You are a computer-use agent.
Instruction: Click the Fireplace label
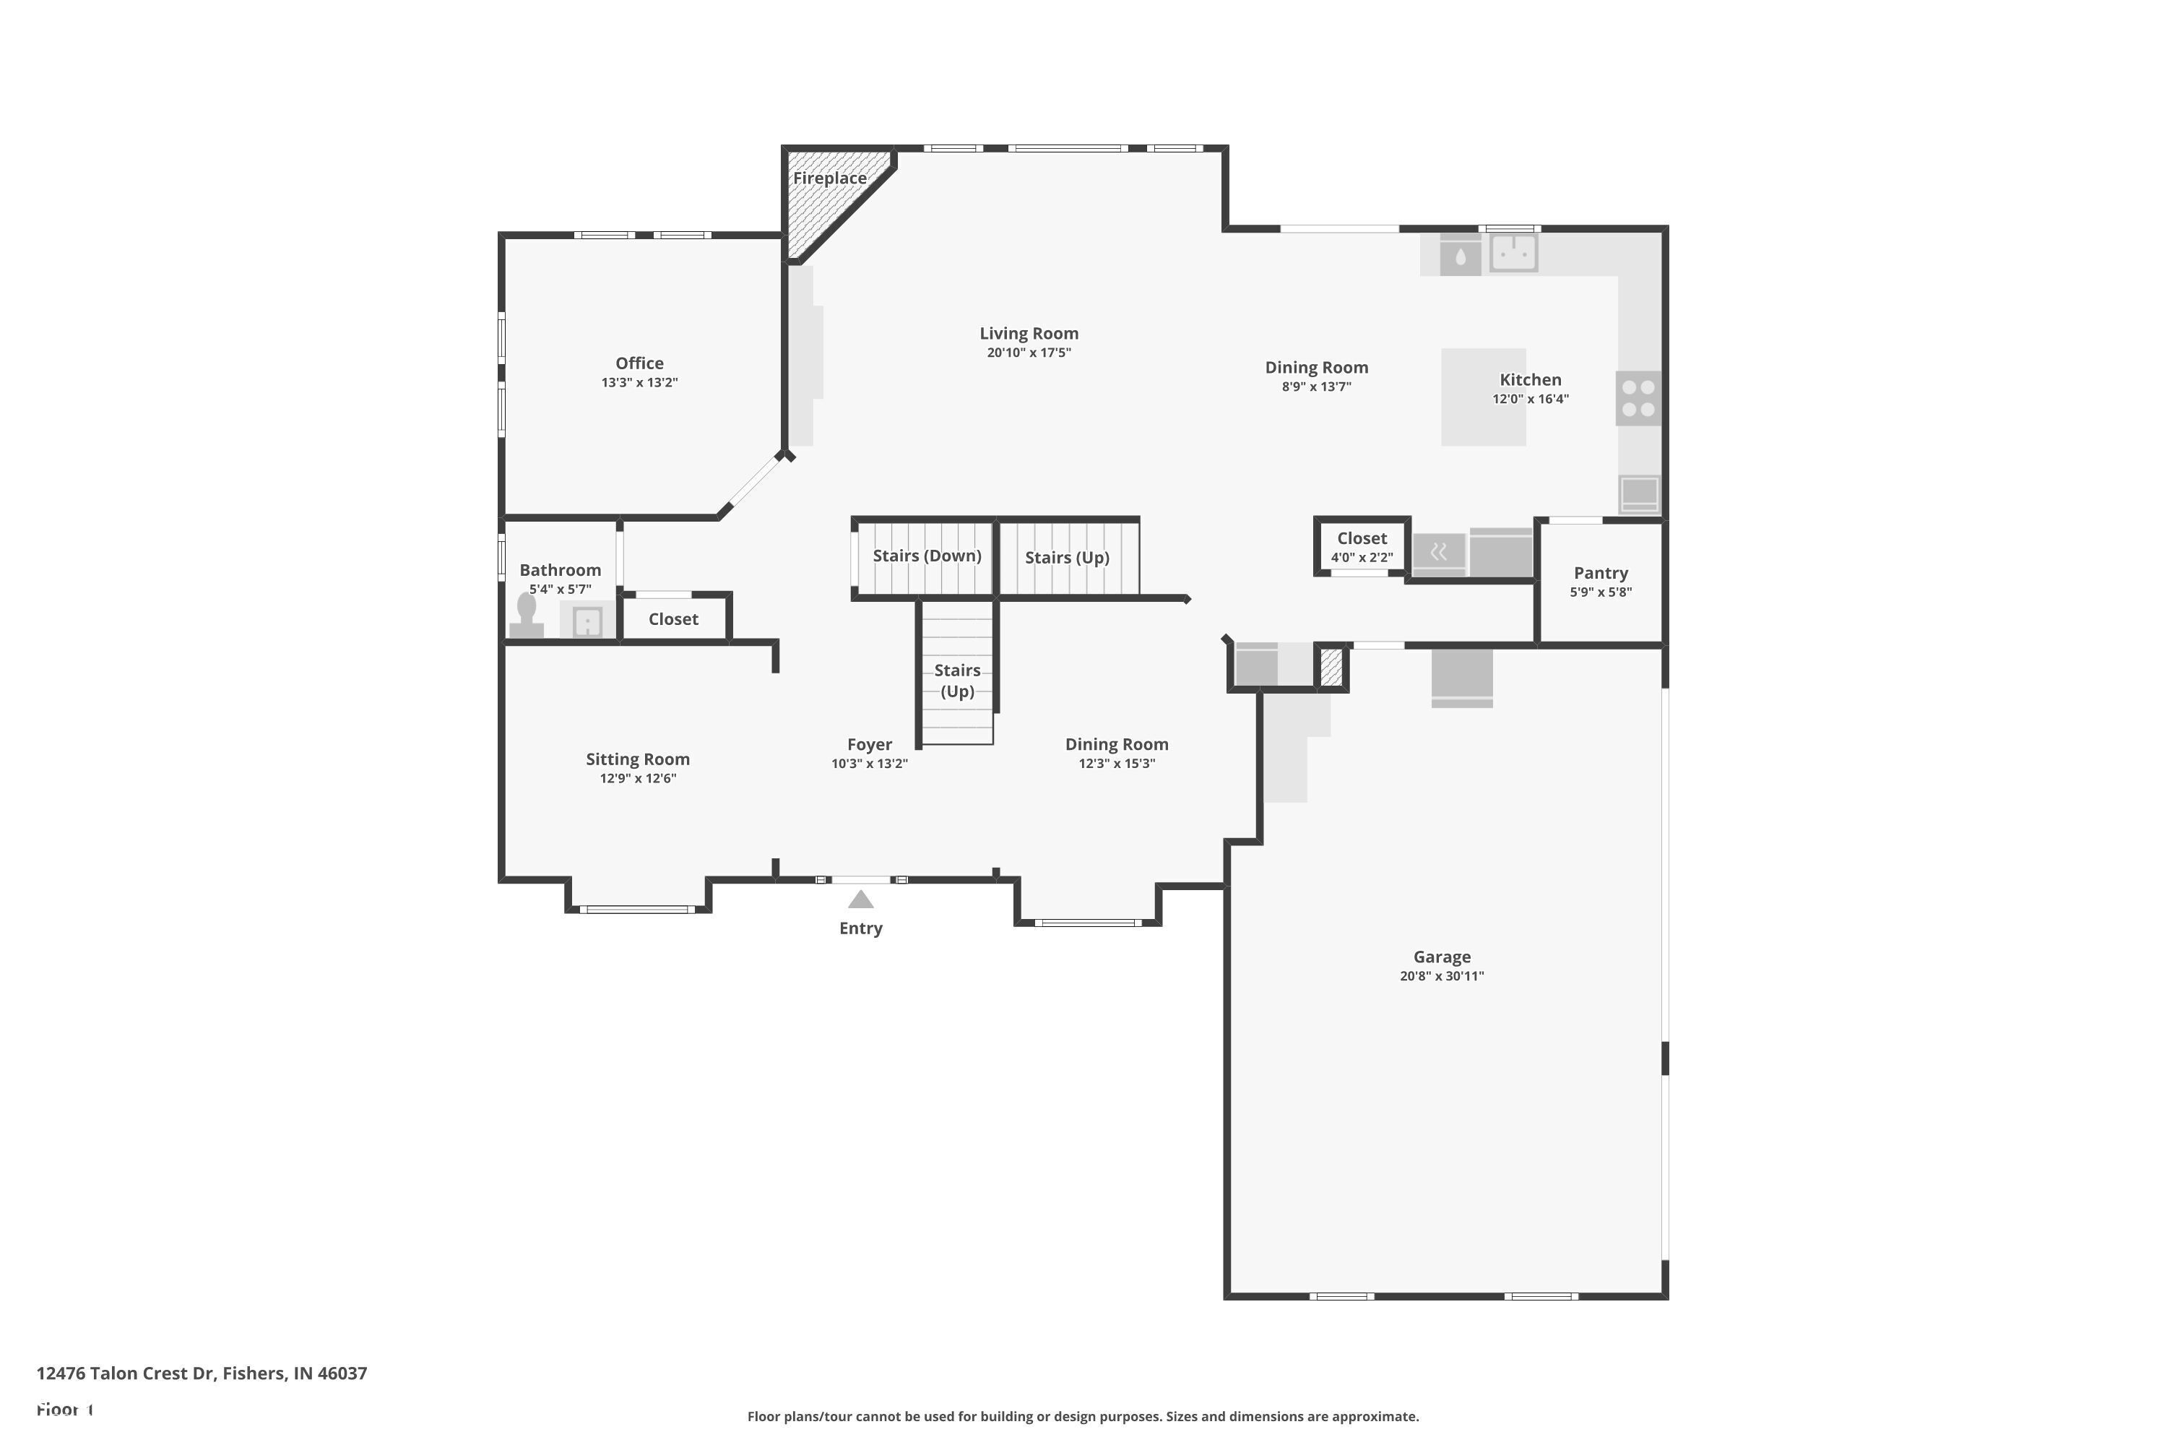tap(829, 178)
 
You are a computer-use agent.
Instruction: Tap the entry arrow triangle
tap(860, 900)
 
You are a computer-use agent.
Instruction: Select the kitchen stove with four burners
tap(1638, 398)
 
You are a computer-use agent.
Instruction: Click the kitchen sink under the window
tap(1514, 252)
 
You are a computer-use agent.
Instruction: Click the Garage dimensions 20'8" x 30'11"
tap(1442, 976)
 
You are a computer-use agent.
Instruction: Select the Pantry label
tap(1601, 573)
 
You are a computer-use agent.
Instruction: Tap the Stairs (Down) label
tap(927, 556)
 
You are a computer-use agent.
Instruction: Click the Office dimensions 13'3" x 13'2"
tap(639, 382)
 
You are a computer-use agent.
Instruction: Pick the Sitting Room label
tap(638, 759)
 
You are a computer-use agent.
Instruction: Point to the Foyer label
tap(870, 745)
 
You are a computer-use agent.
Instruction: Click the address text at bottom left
tap(202, 1373)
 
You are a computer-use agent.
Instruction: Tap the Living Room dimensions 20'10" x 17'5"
tap(1029, 353)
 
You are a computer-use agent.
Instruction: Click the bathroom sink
tap(587, 622)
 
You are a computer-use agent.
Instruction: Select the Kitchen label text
tap(1531, 380)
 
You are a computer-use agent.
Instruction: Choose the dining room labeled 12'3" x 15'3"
tap(1117, 753)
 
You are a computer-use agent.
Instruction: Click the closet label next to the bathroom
tap(673, 619)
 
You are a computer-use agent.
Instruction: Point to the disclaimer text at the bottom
tap(1083, 1416)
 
